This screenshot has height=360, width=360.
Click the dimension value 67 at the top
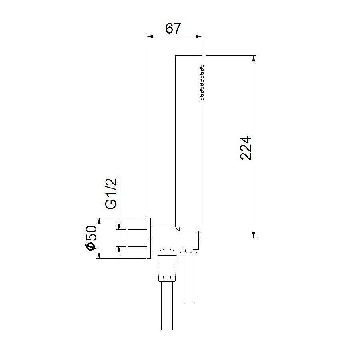[x=173, y=28]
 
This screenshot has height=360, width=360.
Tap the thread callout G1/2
[x=111, y=193]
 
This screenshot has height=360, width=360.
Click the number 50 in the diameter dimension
[x=91, y=233]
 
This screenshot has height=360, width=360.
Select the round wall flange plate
[x=149, y=238]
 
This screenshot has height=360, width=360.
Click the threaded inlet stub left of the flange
[x=137, y=238]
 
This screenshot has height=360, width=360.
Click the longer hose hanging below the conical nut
[x=167, y=306]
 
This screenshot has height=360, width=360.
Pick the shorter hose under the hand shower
[x=189, y=278]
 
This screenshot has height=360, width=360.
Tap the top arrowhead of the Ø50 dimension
[x=98, y=221]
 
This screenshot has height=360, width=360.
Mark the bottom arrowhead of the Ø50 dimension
[x=98, y=256]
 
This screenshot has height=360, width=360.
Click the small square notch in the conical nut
[x=167, y=278]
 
